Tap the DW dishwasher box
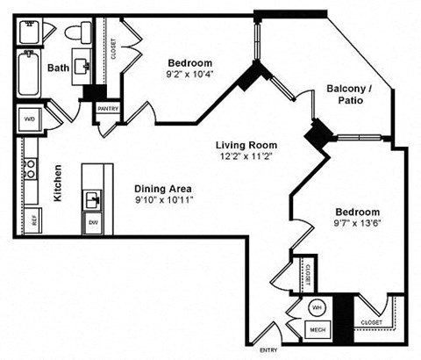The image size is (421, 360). click(93, 223)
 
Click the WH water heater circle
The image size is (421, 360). click(317, 308)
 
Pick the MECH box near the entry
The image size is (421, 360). click(316, 330)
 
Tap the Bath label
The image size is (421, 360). click(58, 68)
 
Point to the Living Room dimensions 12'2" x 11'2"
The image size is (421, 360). click(247, 157)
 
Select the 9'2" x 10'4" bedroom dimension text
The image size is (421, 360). click(190, 75)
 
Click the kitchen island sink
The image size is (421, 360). click(93, 198)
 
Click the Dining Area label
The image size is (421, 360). click(163, 188)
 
